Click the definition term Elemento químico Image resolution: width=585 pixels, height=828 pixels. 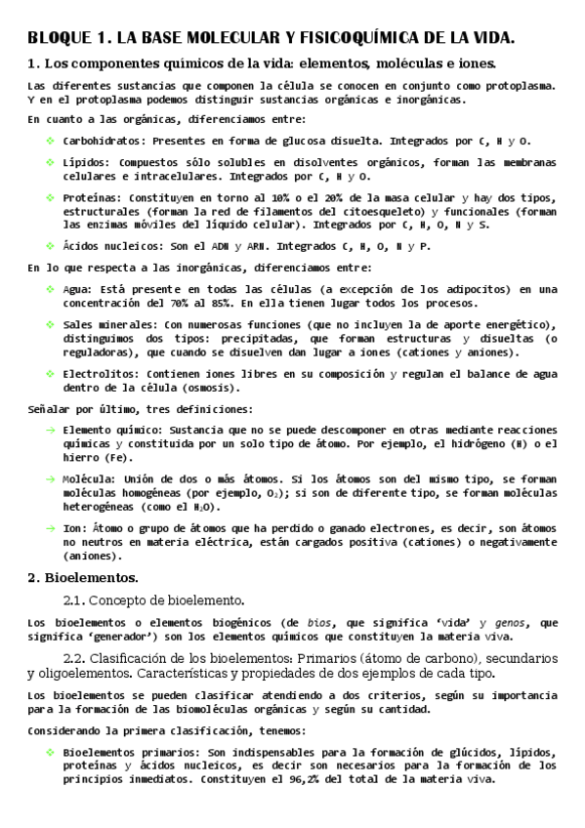tap(112, 430)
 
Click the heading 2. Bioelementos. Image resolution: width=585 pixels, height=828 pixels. tap(83, 578)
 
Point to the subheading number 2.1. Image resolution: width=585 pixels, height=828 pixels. tap(76, 600)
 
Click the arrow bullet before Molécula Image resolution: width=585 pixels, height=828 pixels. tap(50, 478)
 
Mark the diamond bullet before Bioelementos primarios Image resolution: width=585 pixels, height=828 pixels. tap(50, 753)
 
